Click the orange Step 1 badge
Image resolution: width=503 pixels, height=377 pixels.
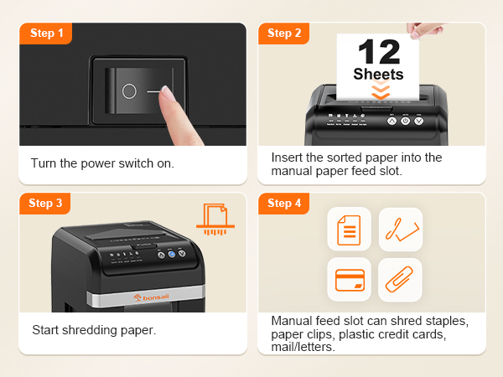pos(46,33)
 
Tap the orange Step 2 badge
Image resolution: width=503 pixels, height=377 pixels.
pos(284,33)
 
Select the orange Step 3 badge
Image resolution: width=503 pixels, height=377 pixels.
pos(46,203)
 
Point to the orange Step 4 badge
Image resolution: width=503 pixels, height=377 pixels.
pos(284,203)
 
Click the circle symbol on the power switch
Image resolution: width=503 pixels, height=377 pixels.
pos(128,92)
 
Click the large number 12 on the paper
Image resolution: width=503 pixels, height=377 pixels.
pos(378,52)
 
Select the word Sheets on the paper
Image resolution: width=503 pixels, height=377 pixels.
pos(378,74)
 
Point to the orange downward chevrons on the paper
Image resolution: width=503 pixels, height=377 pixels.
pos(380,90)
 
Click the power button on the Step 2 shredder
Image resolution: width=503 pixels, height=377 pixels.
pos(405,121)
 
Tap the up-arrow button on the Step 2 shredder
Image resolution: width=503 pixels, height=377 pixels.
pos(391,121)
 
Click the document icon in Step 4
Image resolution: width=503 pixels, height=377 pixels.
pos(349,229)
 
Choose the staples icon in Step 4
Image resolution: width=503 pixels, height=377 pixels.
pos(400,229)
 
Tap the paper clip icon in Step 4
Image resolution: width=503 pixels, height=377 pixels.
pos(400,279)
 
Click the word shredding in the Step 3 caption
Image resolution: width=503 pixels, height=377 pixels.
pos(91,330)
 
